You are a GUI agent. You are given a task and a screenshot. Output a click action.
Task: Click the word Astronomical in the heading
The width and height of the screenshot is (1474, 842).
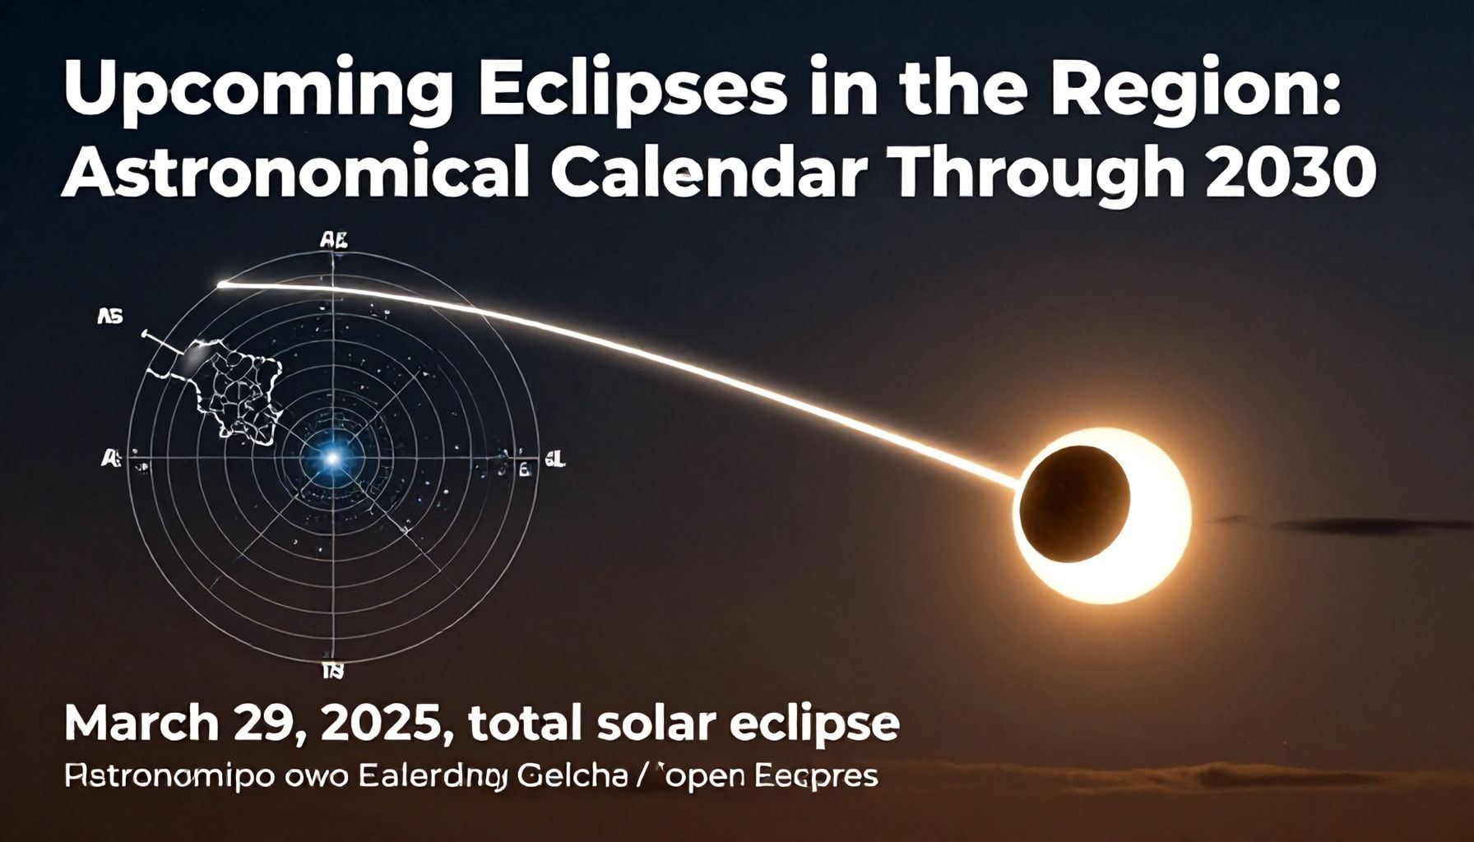(294, 174)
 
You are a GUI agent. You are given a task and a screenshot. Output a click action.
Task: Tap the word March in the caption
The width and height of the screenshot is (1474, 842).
(140, 724)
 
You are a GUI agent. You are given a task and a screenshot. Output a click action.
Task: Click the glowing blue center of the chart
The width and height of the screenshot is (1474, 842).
(332, 457)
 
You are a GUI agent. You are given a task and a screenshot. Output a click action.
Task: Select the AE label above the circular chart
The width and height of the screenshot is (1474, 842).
(333, 241)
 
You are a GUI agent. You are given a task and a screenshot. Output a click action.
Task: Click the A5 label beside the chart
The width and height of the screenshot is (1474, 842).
(109, 316)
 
